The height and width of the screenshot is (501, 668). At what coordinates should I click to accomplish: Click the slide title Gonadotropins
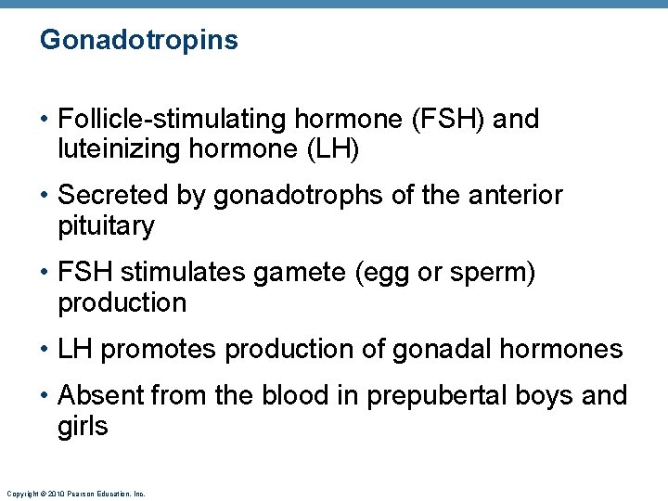(139, 41)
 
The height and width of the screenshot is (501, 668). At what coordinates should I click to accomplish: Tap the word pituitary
(106, 226)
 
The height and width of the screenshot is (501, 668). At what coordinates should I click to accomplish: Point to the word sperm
(495, 272)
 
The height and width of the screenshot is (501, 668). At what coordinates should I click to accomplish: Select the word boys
(546, 395)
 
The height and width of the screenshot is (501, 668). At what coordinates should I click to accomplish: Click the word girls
(83, 427)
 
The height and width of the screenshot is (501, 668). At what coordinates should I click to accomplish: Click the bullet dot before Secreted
(45, 196)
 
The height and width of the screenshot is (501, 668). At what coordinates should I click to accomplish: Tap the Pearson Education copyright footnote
(74, 494)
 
